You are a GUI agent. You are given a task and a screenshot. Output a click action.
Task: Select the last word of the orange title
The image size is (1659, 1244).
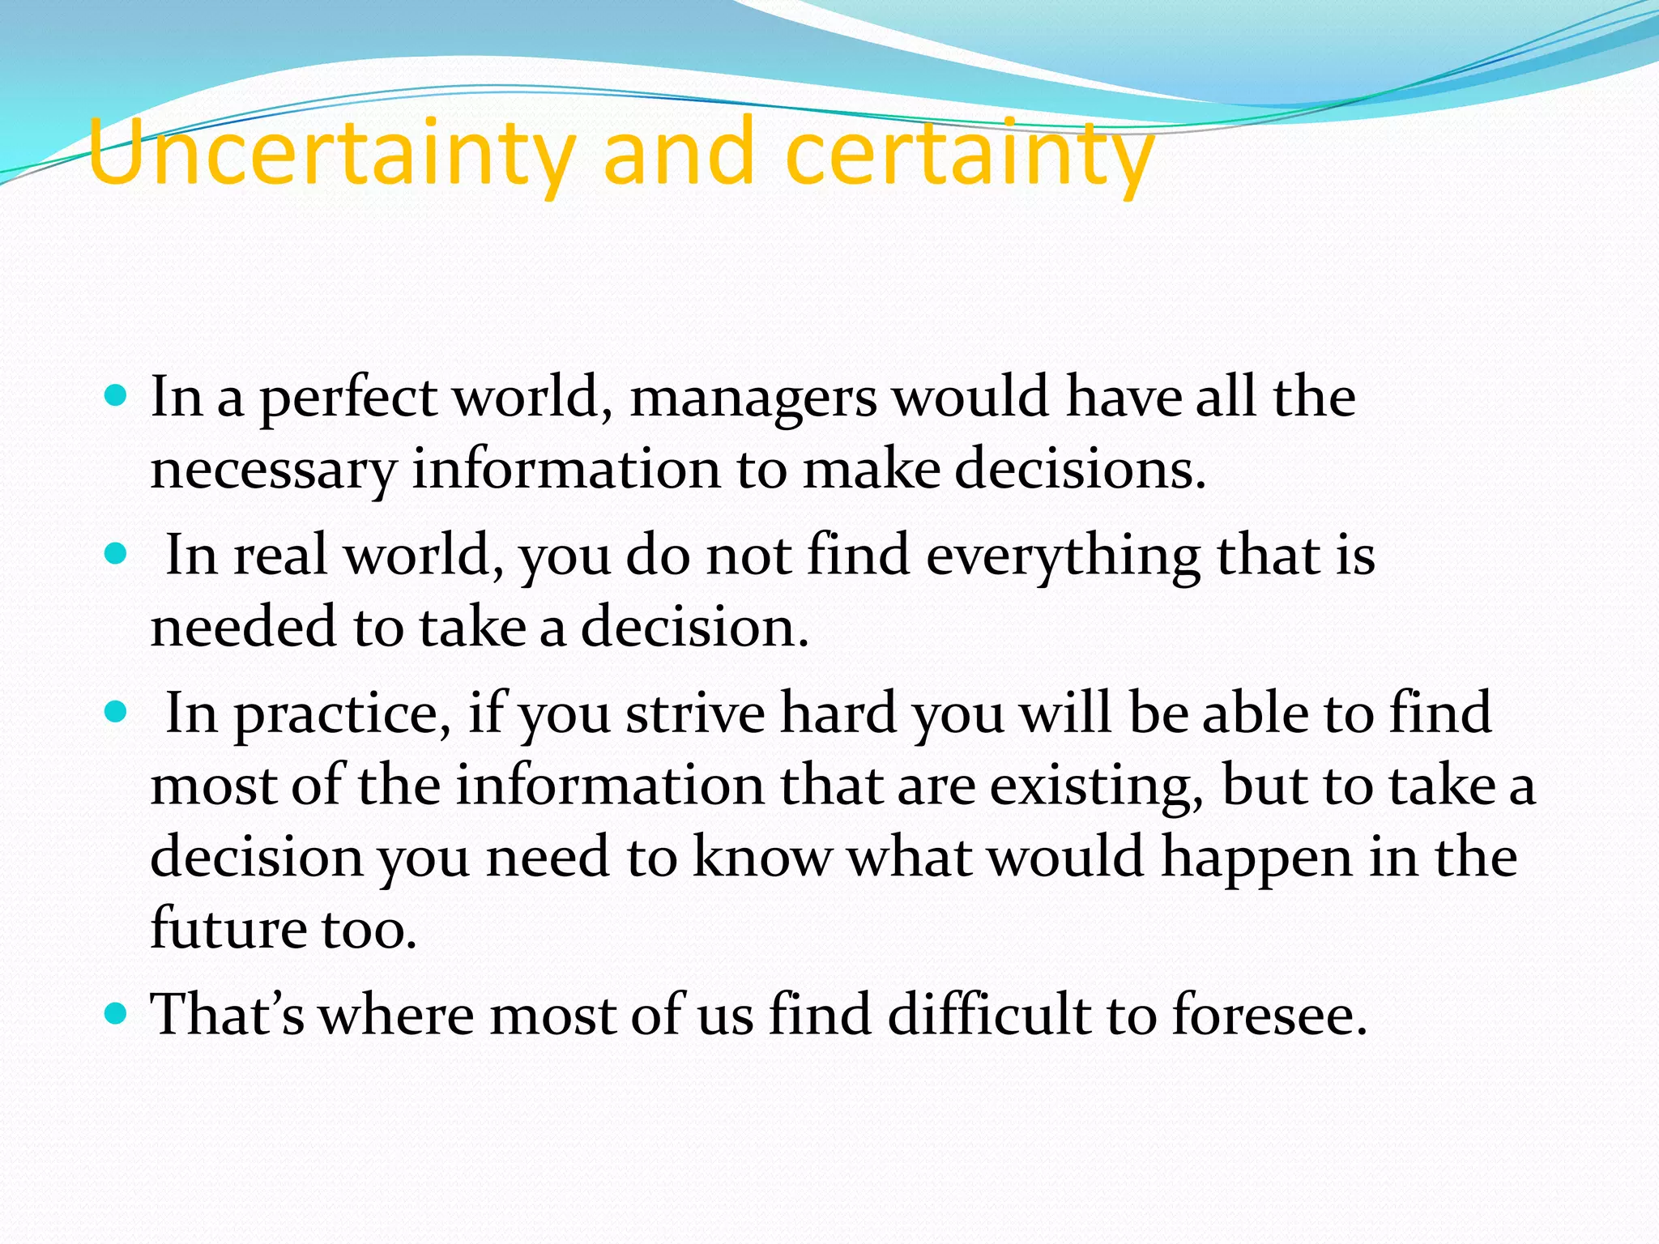pyautogui.click(x=969, y=154)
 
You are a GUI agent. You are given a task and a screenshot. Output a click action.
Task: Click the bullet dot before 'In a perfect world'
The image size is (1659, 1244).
pyautogui.click(x=117, y=396)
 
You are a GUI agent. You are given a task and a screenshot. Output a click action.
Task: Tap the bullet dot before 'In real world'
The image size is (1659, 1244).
pyautogui.click(x=117, y=554)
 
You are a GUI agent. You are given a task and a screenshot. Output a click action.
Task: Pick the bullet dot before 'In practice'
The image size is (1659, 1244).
pyautogui.click(x=117, y=712)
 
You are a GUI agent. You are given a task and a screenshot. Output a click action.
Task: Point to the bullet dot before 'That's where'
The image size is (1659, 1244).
pyautogui.click(x=117, y=1013)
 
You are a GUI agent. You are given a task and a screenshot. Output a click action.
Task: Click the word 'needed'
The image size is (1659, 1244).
pyautogui.click(x=242, y=628)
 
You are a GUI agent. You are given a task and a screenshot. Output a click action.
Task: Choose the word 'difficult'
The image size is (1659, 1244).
pyautogui.click(x=988, y=1014)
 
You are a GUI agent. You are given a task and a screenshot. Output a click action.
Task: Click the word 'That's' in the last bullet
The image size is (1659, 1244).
pyautogui.click(x=228, y=1014)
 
